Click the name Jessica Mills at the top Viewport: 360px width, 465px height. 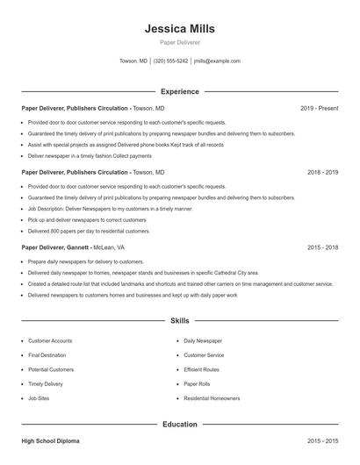tap(179, 29)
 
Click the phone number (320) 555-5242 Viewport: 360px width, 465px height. tap(170, 61)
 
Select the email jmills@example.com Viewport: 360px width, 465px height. tap(217, 61)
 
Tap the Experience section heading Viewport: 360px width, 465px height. tap(179, 91)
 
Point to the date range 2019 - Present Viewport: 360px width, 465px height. tap(319, 108)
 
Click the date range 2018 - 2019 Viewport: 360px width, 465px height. tap(322, 173)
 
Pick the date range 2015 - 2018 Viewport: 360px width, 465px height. tap(322, 248)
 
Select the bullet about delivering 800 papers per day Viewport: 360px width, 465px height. tap(89, 231)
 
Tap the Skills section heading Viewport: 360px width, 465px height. tap(179, 321)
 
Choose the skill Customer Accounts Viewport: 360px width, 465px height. tap(50, 340)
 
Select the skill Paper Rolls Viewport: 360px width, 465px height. tap(198, 383)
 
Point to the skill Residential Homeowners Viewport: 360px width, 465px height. tap(212, 398)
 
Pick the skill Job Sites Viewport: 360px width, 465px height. tap(39, 398)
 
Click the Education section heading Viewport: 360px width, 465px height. tap(179, 425)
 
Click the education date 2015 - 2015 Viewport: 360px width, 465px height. tap(322, 440)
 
